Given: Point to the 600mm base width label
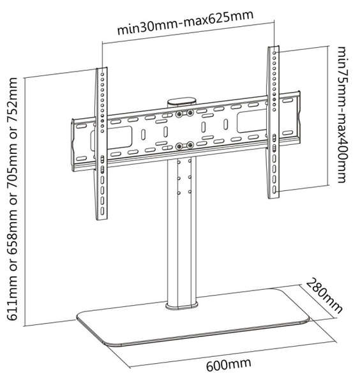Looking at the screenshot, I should (x=228, y=366).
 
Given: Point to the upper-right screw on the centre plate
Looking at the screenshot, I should (x=190, y=114).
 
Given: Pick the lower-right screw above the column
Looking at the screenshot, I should (x=190, y=144).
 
